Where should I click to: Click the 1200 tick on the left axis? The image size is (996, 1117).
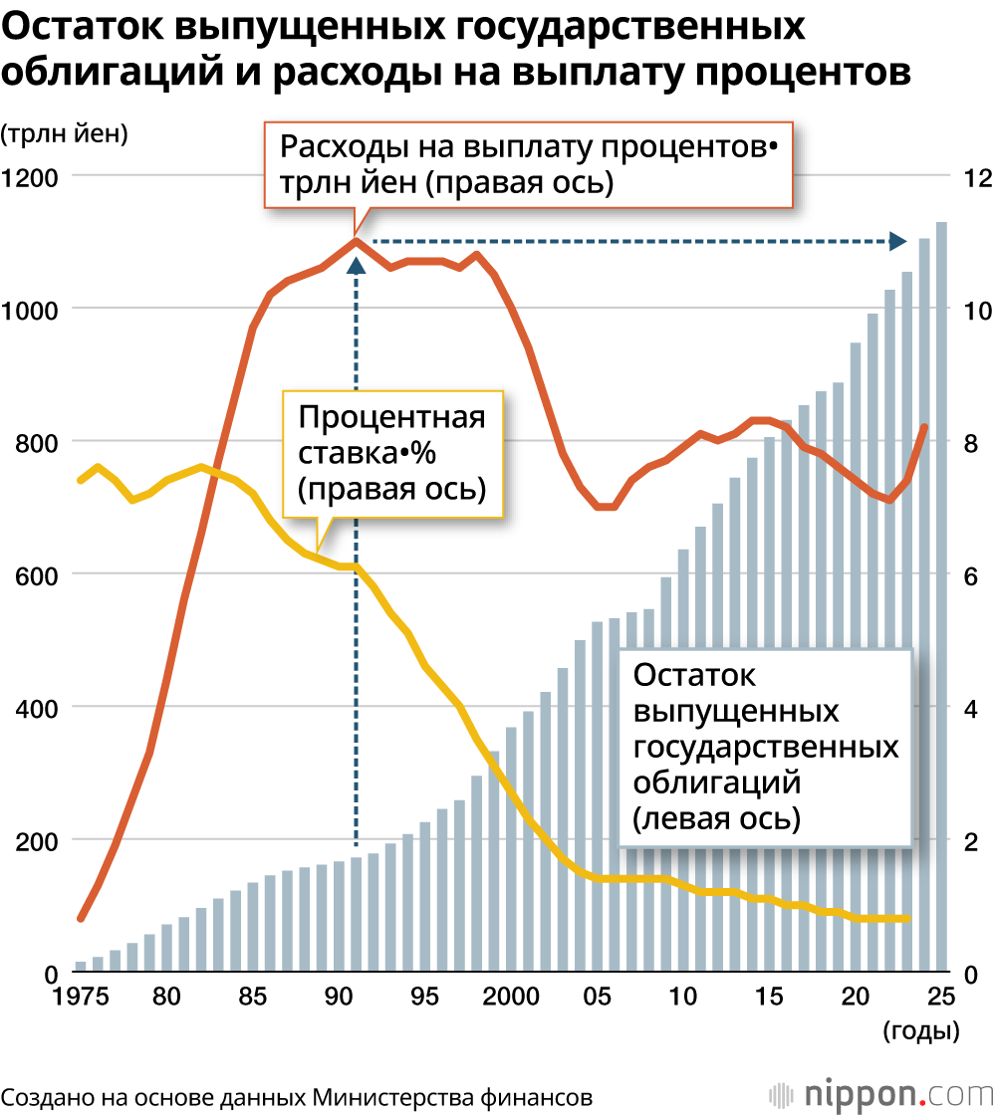(x=32, y=177)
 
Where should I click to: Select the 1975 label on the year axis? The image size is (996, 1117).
(x=80, y=997)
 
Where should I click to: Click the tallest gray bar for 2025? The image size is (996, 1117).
(x=940, y=597)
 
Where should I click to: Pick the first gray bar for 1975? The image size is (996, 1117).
(x=81, y=967)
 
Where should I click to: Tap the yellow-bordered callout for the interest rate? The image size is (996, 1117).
(x=392, y=453)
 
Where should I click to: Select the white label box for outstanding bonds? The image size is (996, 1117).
(x=765, y=747)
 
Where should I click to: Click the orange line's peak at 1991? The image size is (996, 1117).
(x=356, y=240)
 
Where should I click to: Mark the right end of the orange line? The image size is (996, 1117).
(x=925, y=426)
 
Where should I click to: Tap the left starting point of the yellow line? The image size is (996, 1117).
(x=81, y=480)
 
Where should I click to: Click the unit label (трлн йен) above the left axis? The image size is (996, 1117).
(x=65, y=134)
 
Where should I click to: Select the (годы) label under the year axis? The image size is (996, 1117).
(x=921, y=1031)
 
